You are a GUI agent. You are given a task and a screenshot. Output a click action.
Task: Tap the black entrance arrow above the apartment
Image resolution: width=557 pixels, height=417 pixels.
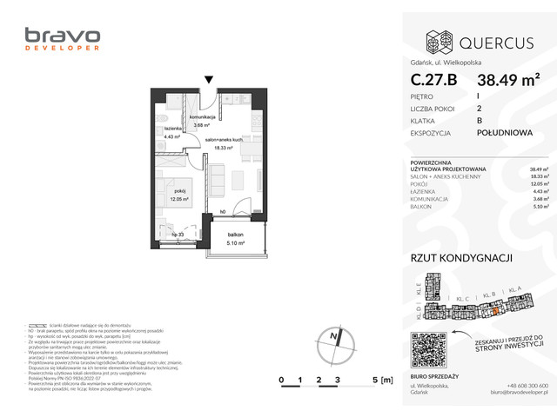pos(208,81)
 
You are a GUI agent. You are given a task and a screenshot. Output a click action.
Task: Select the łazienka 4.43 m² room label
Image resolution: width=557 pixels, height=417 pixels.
pos(171,133)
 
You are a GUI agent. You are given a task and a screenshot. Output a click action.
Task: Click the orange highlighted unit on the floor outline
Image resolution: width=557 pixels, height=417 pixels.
pos(494,310)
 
